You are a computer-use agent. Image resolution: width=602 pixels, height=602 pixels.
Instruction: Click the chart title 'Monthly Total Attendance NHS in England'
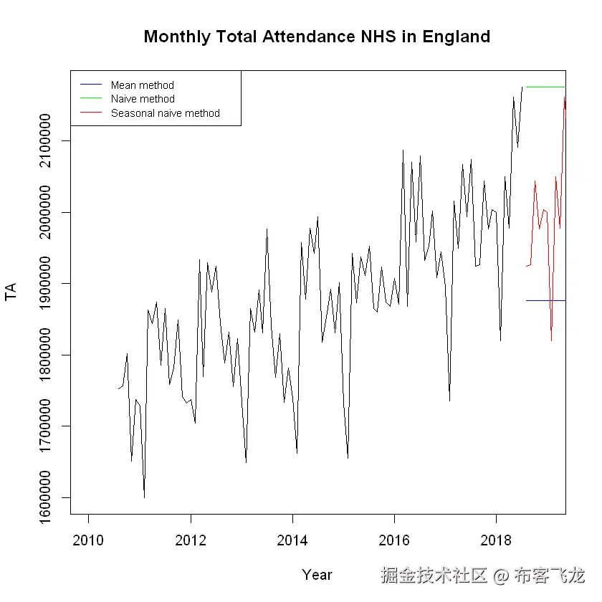pos(317,37)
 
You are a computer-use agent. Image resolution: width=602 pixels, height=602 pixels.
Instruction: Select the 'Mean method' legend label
pos(142,85)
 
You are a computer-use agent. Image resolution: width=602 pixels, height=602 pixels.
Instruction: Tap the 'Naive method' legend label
pos(143,99)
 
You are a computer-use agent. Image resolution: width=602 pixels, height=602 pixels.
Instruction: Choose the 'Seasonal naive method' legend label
pos(165,113)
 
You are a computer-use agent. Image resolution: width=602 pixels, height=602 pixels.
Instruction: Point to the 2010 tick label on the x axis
pos(88,539)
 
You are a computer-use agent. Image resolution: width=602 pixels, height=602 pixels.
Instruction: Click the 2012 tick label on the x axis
pos(190,539)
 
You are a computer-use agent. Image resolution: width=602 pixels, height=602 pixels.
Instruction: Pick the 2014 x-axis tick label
pos(292,539)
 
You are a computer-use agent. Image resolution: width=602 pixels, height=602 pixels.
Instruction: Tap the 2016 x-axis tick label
pos(394,539)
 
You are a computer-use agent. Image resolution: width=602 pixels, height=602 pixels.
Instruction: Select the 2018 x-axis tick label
pos(496,539)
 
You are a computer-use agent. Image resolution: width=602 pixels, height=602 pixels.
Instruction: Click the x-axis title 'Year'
pos(317,574)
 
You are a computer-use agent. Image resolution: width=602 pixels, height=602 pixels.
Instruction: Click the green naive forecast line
pos(545,87)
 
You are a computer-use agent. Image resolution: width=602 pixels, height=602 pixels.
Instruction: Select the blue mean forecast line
pos(545,300)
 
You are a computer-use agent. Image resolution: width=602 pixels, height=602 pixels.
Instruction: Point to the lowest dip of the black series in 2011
pos(144,497)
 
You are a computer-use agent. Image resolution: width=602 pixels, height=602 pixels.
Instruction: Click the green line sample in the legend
pos(92,99)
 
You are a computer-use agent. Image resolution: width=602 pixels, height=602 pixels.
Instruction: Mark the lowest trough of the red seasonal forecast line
pos(551,340)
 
